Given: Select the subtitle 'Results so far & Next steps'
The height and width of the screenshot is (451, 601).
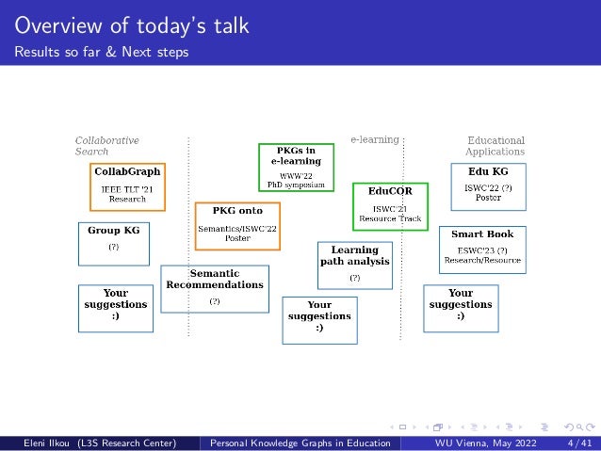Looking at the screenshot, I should pyautogui.click(x=101, y=51).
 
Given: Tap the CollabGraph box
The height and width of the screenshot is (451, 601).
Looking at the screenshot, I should pyautogui.click(x=126, y=185).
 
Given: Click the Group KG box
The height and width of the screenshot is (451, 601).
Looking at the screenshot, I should pyautogui.click(x=113, y=239).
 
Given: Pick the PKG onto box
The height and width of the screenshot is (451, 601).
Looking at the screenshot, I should pyautogui.click(x=237, y=225).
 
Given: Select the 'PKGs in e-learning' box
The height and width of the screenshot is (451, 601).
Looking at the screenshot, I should pyautogui.click(x=296, y=167).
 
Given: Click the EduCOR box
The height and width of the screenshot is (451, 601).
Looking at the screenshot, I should pyautogui.click(x=390, y=204).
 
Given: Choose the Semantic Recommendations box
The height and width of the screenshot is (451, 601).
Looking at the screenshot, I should pyautogui.click(x=215, y=287).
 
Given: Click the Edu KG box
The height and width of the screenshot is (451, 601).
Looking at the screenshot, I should pyautogui.click(x=488, y=185).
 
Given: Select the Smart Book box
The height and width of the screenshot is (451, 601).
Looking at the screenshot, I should pyautogui.click(x=482, y=247).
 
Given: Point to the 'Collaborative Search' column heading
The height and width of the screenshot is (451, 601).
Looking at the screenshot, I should pyautogui.click(x=106, y=145).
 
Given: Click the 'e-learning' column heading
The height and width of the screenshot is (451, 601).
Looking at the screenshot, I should pyautogui.click(x=375, y=139).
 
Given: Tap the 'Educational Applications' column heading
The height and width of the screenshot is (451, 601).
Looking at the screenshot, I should pyautogui.click(x=495, y=145).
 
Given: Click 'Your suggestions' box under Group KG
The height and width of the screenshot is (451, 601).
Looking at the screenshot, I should pyautogui.click(x=116, y=307).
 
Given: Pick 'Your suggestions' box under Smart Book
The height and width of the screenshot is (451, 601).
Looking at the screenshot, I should pyautogui.click(x=461, y=307).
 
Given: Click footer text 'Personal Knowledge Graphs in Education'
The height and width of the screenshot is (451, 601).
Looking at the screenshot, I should pyautogui.click(x=301, y=443).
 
